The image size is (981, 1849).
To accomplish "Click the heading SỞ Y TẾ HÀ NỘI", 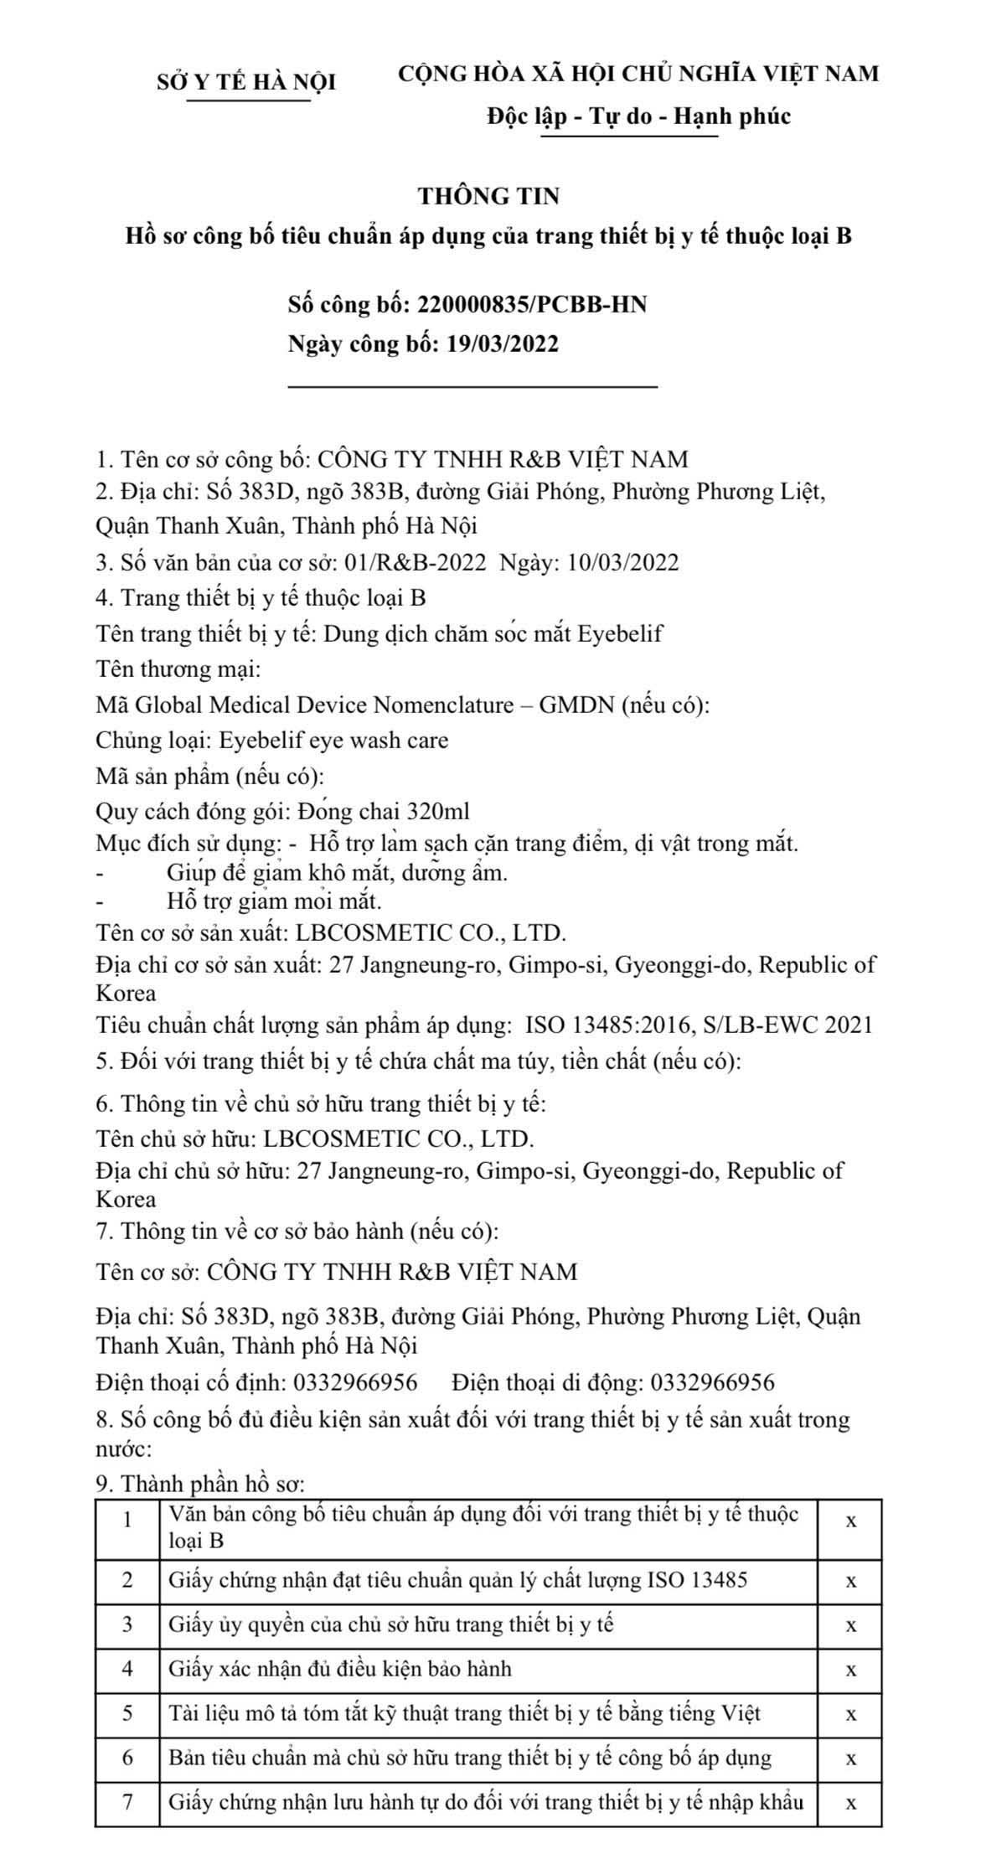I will [x=246, y=82].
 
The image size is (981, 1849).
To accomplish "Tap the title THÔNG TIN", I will [x=489, y=196].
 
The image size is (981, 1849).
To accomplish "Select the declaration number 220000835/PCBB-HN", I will [x=531, y=304].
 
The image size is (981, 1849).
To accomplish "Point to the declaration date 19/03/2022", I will [x=498, y=343].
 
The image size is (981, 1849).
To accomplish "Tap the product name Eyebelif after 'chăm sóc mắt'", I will [x=620, y=633].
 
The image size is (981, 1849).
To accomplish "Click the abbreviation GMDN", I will [x=576, y=705].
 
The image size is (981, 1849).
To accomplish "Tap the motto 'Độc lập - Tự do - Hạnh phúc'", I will [x=639, y=116].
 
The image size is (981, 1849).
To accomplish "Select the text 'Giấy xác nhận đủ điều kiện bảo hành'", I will [x=339, y=1668].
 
